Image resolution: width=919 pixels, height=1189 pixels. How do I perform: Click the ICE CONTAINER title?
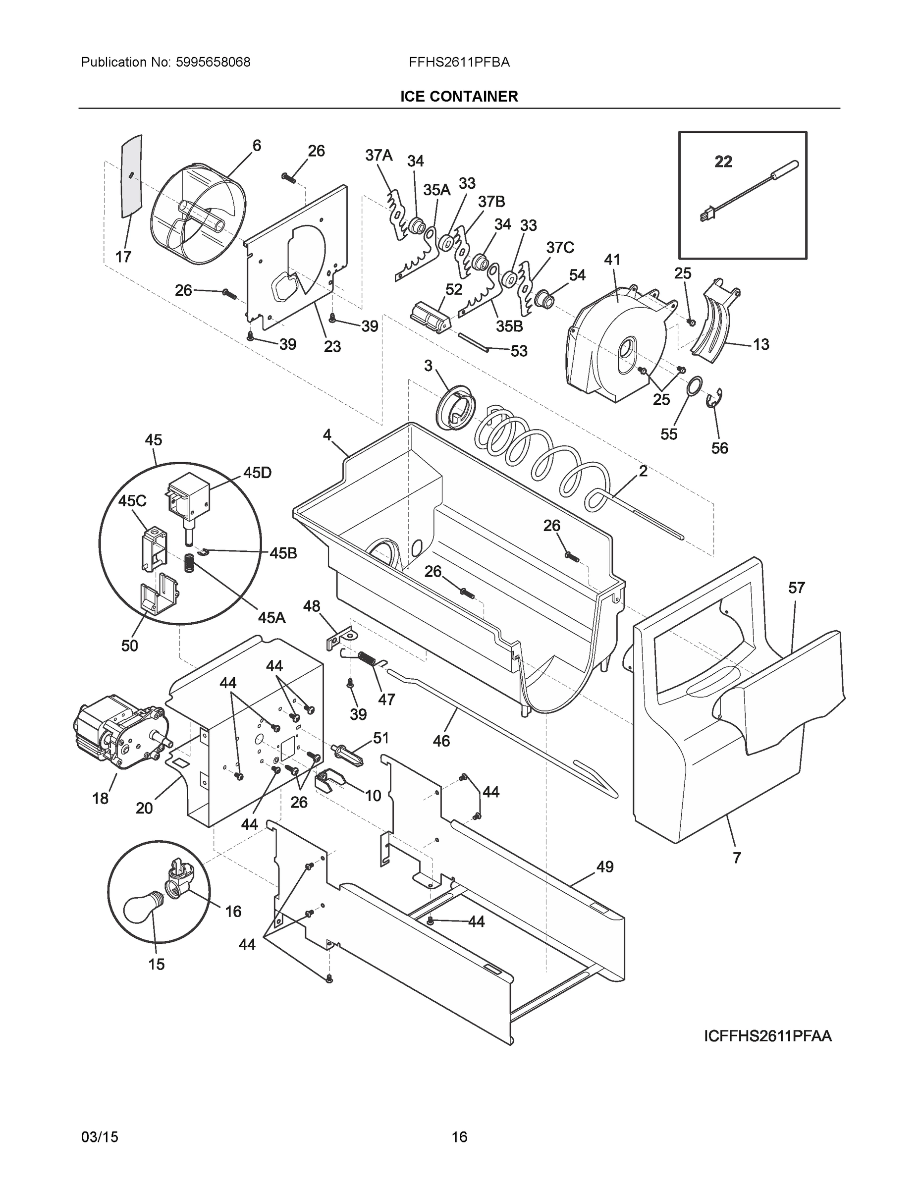(x=459, y=97)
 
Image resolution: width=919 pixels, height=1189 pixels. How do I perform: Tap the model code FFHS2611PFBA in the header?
(x=459, y=62)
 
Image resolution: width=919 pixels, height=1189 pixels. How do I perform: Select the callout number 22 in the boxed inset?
(x=723, y=162)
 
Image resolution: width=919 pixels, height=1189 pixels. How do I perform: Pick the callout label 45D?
(x=257, y=473)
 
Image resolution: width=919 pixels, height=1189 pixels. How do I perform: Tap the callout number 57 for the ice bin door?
(x=796, y=588)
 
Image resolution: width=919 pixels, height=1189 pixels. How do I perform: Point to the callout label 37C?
(x=560, y=248)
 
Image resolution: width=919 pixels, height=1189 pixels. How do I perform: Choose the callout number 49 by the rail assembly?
(x=605, y=866)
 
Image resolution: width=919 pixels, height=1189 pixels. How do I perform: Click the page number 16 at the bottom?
(x=459, y=1137)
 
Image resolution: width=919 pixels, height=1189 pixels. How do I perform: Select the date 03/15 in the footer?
(x=100, y=1137)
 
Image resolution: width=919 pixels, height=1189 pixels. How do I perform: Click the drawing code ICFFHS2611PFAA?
(x=767, y=1036)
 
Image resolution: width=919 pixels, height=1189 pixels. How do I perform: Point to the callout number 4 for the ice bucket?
(x=326, y=434)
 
